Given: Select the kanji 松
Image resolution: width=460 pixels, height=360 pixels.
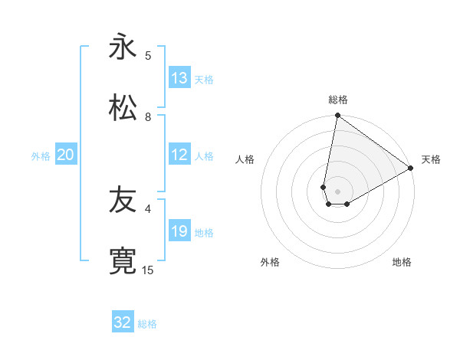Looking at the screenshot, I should (x=123, y=107).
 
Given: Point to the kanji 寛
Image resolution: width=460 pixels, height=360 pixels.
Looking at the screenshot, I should (x=123, y=260).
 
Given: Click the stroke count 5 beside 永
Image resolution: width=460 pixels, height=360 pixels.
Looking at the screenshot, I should (x=148, y=55).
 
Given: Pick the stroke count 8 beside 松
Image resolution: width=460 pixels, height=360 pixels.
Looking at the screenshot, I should (x=148, y=116).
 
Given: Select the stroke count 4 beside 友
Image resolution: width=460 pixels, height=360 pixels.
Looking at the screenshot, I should (x=148, y=208).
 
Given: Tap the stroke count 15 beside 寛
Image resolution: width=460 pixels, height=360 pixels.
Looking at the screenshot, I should (x=148, y=270).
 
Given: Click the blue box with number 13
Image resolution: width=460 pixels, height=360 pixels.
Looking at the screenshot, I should (x=179, y=78).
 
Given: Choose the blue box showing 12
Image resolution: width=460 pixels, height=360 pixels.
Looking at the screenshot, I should (x=179, y=155).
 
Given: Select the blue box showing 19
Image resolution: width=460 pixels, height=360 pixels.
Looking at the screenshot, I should (x=179, y=231).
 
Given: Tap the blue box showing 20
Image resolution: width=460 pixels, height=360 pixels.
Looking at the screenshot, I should (x=65, y=155).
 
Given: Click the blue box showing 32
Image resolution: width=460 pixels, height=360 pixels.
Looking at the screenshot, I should (x=123, y=322).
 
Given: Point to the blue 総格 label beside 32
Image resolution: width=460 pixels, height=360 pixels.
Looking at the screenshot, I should (x=147, y=324).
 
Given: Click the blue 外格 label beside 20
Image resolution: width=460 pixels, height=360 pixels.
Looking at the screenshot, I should (x=41, y=156).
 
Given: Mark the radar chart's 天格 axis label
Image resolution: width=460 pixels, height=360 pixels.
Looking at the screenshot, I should (x=431, y=159).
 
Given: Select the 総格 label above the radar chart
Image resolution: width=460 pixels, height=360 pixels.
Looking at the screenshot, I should (x=338, y=100).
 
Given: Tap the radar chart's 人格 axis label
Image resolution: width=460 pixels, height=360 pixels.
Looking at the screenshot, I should (x=245, y=159).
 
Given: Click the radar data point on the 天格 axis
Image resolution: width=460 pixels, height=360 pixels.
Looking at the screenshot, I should (x=411, y=169).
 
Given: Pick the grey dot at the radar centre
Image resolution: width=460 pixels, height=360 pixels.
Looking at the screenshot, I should (x=338, y=191).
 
